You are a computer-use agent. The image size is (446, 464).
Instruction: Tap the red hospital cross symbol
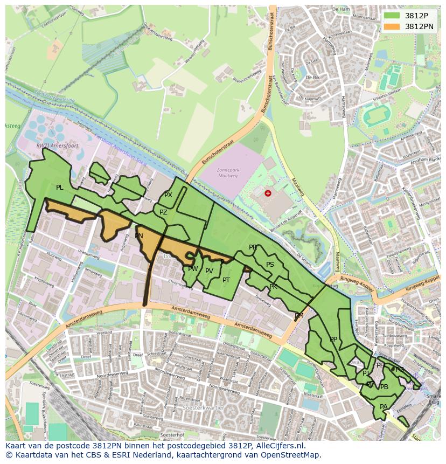(x=268, y=193)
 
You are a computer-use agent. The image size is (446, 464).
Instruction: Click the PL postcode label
(x=60, y=188)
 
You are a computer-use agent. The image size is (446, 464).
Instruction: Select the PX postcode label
(x=168, y=195)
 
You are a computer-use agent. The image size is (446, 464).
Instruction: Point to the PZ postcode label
(x=163, y=212)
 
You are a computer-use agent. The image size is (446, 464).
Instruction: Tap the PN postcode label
(x=139, y=236)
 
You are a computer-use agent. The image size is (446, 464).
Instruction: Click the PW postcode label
(x=193, y=269)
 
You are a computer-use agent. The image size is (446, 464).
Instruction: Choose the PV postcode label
(x=210, y=271)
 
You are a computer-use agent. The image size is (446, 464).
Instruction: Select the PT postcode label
(x=226, y=280)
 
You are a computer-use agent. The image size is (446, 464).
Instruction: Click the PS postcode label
(x=270, y=265)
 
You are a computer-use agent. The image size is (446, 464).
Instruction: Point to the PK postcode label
(x=273, y=287)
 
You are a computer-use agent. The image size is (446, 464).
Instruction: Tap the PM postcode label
(x=299, y=316)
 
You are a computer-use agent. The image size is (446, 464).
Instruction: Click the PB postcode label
(x=384, y=387)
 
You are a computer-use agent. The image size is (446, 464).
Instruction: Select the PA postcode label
(x=384, y=407)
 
